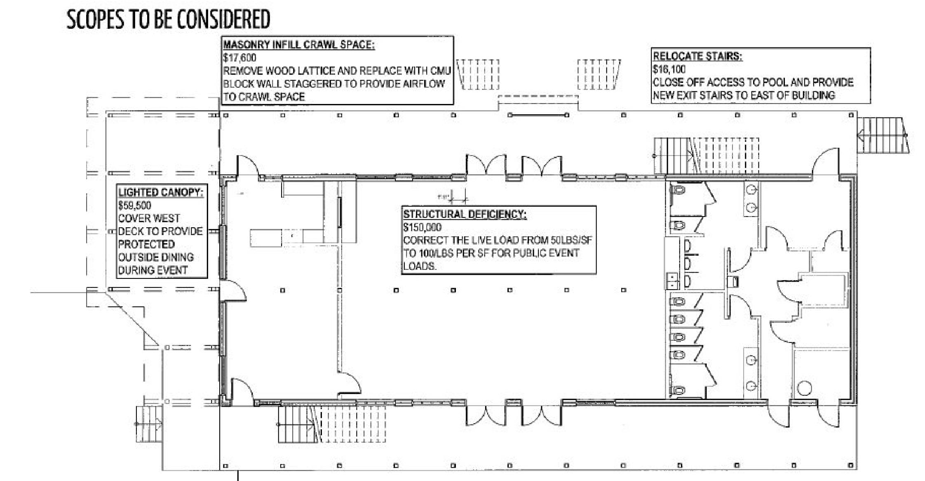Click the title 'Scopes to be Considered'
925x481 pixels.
click(x=168, y=19)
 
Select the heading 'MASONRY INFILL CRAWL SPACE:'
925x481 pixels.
click(x=299, y=45)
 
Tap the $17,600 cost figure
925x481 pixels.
click(x=239, y=58)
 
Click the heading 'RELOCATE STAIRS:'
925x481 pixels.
click(x=697, y=57)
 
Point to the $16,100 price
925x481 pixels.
click(x=669, y=69)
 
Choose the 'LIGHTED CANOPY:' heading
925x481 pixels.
click(x=161, y=193)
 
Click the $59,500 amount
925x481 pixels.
click(x=134, y=205)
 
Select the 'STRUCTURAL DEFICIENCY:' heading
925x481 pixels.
click(x=465, y=215)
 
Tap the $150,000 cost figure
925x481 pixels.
click(x=422, y=227)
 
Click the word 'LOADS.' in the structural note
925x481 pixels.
click(x=420, y=266)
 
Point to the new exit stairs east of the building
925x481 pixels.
click(x=883, y=135)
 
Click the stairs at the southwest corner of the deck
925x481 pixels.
click(x=149, y=423)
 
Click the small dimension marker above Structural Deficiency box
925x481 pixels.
click(x=458, y=198)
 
